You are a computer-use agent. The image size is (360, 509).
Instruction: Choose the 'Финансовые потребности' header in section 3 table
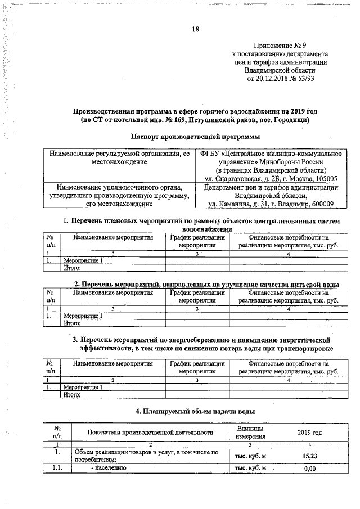pos(288,368)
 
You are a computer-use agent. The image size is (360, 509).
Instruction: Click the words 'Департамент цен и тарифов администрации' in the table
pos(271,187)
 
